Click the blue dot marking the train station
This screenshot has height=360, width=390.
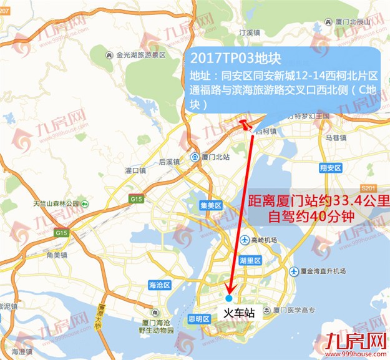pyautogui.click(x=228, y=299)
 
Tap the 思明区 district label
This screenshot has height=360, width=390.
pyautogui.click(x=198, y=319)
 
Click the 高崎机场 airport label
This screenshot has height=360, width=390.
pyautogui.click(x=262, y=239)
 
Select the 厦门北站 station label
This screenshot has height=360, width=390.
pyautogui.click(x=210, y=157)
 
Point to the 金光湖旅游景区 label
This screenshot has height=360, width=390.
pyautogui.click(x=140, y=55)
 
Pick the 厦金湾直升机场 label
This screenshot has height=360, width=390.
pyautogui.click(x=326, y=271)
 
